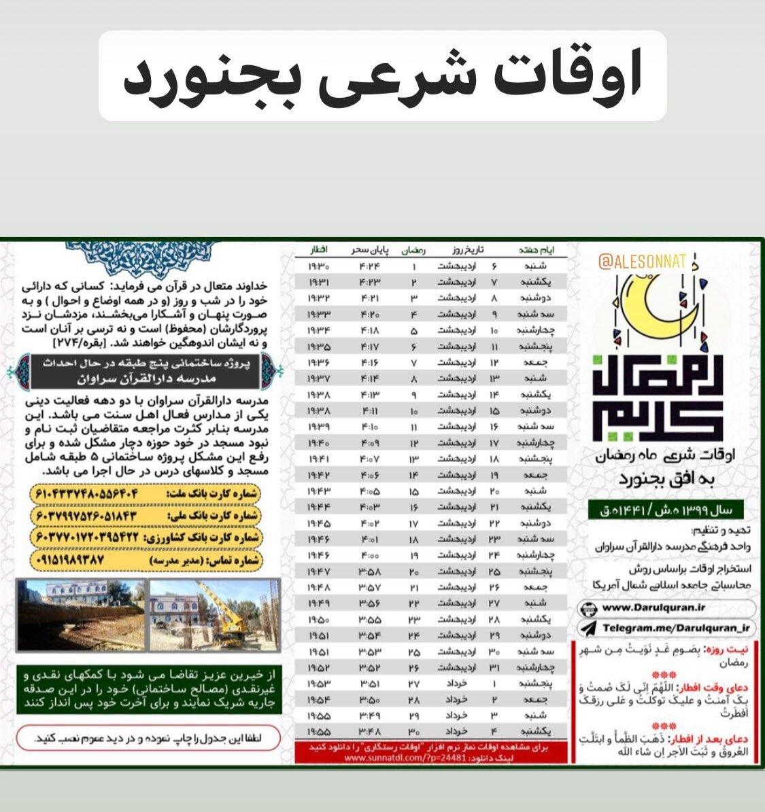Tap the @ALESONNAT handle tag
tap(643, 260)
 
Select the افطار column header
tap(319, 250)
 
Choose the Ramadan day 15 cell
tap(414, 491)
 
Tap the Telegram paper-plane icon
tap(589, 629)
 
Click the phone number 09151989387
tap(68, 561)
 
